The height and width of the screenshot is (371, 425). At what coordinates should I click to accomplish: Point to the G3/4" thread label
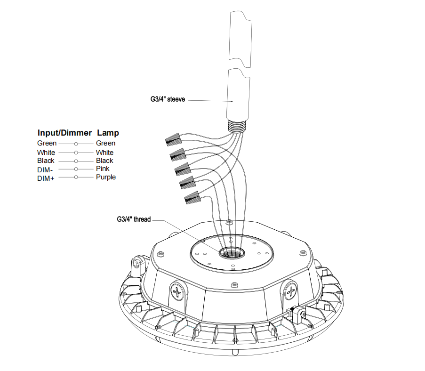(134, 219)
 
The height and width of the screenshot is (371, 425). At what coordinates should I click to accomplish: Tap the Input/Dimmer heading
(64, 133)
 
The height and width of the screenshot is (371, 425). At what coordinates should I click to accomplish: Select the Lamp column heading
(108, 133)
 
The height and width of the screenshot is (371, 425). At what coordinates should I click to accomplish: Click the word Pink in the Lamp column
(103, 169)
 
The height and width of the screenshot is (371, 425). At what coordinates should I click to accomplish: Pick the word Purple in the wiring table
(105, 177)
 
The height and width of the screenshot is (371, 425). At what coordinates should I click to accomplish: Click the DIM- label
(46, 169)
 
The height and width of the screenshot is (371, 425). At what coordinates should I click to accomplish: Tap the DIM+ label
(46, 178)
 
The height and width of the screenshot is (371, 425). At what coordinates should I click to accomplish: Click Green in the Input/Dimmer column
(47, 143)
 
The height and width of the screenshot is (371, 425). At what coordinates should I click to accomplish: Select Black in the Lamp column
(104, 161)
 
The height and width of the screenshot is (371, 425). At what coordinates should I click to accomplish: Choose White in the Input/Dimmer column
(46, 153)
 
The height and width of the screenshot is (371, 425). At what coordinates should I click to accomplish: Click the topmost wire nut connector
(175, 138)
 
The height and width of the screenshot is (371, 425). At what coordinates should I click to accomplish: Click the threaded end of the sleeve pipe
(238, 126)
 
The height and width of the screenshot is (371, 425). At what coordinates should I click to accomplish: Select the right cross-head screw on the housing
(291, 290)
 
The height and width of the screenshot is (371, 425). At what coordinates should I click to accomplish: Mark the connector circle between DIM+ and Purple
(75, 177)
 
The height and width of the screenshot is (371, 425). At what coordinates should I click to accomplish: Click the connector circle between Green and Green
(75, 143)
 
